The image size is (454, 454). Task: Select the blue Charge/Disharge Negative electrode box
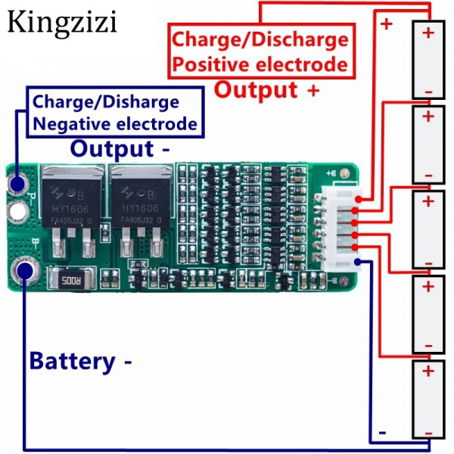[x=116, y=112]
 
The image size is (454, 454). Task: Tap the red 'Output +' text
[x=267, y=89]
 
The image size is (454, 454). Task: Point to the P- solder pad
[x=18, y=183]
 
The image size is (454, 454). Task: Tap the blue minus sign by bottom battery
[x=383, y=433]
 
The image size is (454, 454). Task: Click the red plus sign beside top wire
[x=387, y=23]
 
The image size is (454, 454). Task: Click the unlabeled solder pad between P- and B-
[x=18, y=210]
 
